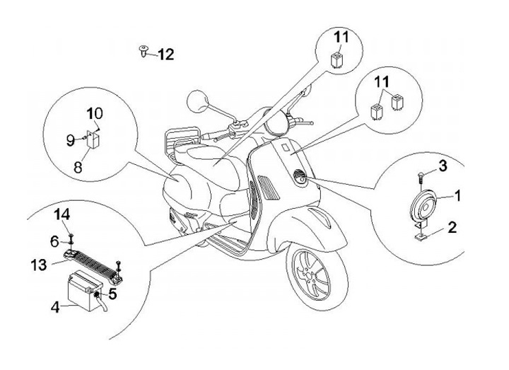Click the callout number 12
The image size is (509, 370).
click(x=165, y=53)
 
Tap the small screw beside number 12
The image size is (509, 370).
click(x=144, y=50)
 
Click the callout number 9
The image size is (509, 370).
click(x=71, y=140)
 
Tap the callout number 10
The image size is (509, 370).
click(x=95, y=113)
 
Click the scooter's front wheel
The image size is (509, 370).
click(x=316, y=277)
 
